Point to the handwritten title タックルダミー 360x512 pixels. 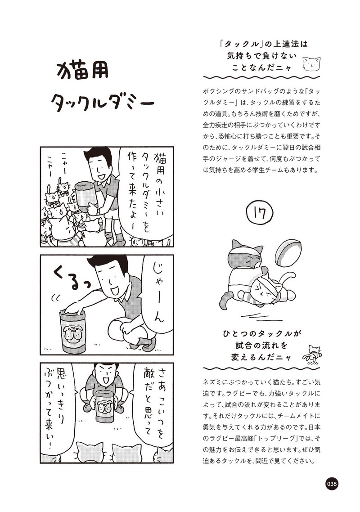tap(102, 102)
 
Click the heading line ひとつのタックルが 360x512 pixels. tap(261, 334)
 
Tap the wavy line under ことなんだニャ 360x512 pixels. tap(261, 77)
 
